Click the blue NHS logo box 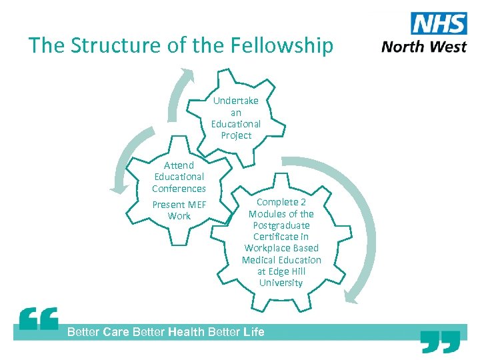point(439,25)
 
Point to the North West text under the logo point(424,47)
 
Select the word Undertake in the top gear point(236,101)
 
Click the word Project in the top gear point(236,135)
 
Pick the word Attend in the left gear point(179,165)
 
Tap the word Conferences point(179,189)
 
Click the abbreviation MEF point(197,205)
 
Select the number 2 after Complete point(303,202)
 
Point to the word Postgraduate point(281,225)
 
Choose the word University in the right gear point(281,283)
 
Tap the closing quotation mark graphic point(441,341)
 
